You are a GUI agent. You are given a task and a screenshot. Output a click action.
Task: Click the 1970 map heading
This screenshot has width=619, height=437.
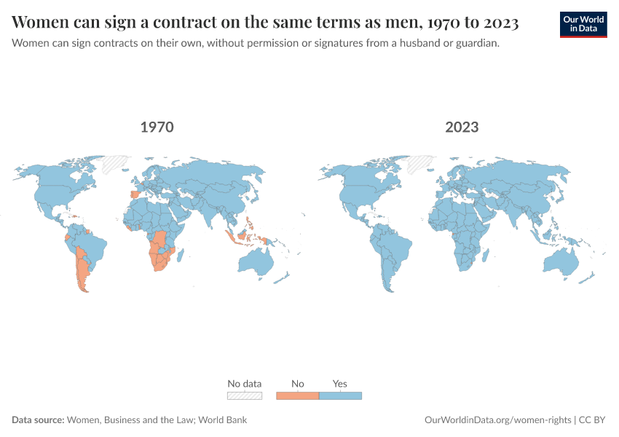coord(157,127)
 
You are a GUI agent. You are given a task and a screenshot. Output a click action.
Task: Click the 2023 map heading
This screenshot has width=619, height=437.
coord(462,127)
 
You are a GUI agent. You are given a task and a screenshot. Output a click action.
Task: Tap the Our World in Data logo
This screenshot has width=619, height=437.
coord(583,24)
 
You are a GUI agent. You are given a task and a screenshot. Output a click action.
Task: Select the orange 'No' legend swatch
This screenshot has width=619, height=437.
coord(297,395)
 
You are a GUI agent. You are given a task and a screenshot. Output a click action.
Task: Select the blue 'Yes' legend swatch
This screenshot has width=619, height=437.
coord(340,395)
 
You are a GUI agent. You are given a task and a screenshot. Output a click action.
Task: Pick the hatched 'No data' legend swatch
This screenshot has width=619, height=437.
coord(244,395)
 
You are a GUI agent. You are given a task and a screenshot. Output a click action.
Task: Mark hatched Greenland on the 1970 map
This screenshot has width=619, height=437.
coord(114,163)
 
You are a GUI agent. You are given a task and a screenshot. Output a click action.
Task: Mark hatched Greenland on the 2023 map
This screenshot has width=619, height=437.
coord(420,163)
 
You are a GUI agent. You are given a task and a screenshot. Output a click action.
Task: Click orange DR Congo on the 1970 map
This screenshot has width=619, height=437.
coord(161,239)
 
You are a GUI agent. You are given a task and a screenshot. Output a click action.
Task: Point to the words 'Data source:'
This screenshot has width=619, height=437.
coord(38,420)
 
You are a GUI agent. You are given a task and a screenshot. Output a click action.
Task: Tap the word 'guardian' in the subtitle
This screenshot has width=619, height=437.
coord(475,43)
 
